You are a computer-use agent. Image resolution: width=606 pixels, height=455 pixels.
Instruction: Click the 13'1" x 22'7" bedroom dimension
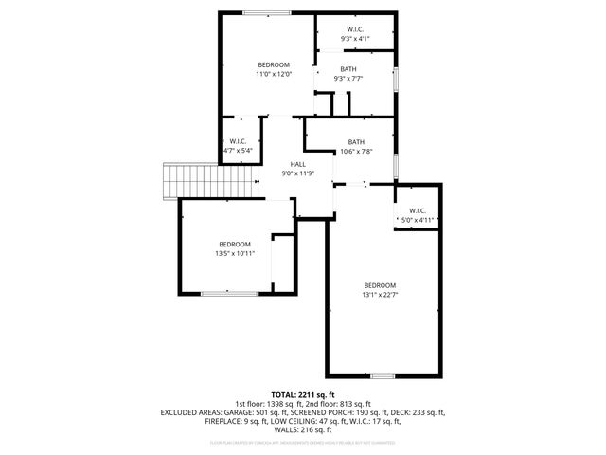click(380, 295)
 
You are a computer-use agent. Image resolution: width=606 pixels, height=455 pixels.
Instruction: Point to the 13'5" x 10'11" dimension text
click(235, 253)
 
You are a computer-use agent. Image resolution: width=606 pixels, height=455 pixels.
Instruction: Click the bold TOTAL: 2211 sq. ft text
click(303, 394)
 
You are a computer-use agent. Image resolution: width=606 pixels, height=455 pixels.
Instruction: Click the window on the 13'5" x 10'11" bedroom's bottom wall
click(229, 294)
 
